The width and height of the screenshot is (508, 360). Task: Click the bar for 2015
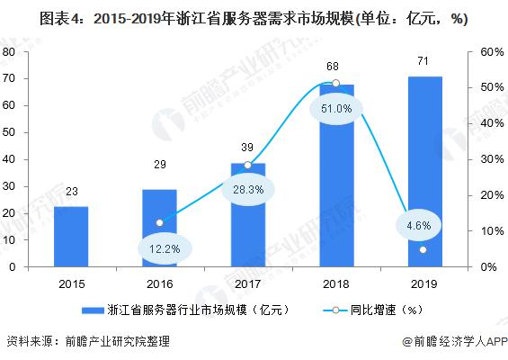pyautogui.click(x=71, y=237)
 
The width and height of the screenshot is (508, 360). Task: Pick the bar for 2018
pyautogui.click(x=335, y=175)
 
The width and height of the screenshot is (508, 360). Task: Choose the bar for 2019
pyautogui.click(x=423, y=172)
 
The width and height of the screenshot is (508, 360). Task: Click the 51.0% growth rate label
pyautogui.click(x=335, y=109)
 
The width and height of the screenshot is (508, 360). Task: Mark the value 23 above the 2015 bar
pyautogui.click(x=71, y=191)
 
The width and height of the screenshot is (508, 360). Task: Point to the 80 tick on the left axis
pyautogui.click(x=8, y=52)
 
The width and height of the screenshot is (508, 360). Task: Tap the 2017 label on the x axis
pyautogui.click(x=247, y=283)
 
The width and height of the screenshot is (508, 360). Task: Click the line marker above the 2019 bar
pyautogui.click(x=423, y=250)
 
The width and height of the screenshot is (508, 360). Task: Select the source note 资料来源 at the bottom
pyautogui.click(x=87, y=342)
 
